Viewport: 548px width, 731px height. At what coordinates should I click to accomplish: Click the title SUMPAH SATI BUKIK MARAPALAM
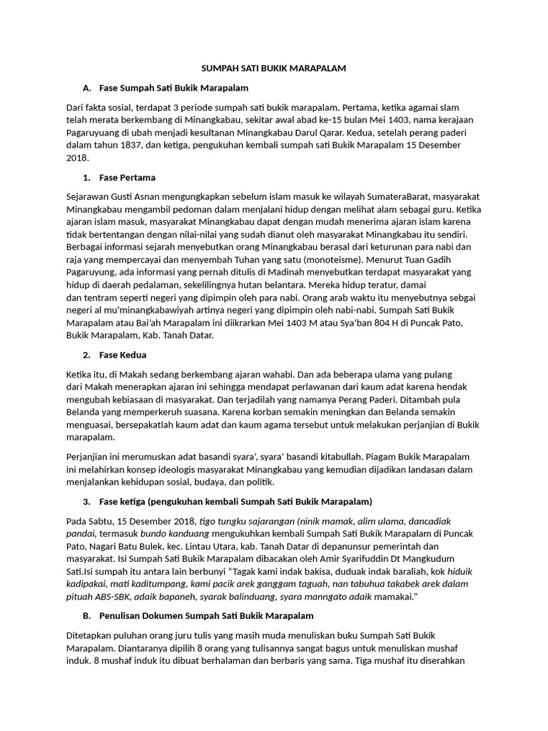click(273, 68)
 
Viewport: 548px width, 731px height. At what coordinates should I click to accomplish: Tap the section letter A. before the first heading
click(87, 88)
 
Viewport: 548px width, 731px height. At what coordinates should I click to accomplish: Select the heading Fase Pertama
click(127, 177)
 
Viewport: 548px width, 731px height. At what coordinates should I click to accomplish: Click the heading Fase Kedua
click(123, 355)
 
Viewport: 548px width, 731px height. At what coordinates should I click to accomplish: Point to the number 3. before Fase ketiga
click(86, 501)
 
